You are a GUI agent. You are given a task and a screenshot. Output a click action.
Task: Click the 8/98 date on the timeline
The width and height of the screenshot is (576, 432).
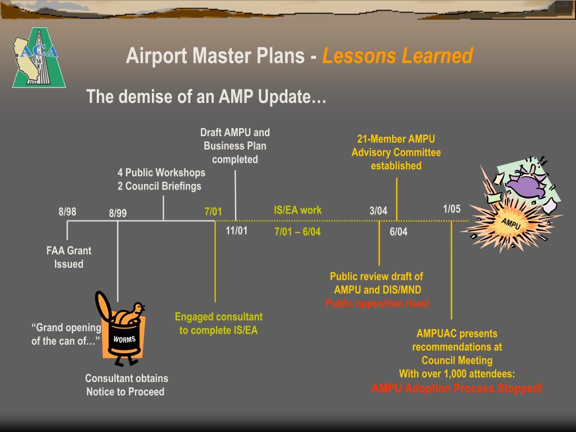pos(67,212)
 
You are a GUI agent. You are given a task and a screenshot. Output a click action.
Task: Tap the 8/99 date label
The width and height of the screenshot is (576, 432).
pos(118,213)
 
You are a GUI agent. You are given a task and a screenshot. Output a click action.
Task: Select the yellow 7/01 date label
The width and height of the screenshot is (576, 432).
pos(213,212)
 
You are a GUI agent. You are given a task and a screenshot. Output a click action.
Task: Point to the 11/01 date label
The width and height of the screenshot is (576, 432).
pos(236,231)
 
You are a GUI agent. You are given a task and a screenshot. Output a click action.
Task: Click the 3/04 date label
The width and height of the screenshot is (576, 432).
pos(378,211)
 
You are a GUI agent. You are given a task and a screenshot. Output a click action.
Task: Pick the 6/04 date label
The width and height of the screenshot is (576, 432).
pos(398,232)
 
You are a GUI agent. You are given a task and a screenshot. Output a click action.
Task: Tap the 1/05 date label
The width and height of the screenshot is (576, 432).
pos(451,209)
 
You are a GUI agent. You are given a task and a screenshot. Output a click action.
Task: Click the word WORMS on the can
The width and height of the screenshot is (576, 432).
pos(124,339)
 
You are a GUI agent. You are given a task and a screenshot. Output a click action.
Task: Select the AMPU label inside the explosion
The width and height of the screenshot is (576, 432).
pos(511,223)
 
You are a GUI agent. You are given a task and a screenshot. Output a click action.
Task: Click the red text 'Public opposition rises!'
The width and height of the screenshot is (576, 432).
pos(377,304)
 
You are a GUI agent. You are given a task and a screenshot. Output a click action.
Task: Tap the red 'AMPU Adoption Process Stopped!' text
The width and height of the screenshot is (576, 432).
pos(457,388)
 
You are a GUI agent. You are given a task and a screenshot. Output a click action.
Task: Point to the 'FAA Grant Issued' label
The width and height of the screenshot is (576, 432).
pos(69,258)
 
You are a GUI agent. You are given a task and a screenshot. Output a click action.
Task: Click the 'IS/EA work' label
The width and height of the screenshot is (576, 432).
pos(298,210)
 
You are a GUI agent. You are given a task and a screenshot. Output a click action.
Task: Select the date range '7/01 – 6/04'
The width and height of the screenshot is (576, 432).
pos(297,232)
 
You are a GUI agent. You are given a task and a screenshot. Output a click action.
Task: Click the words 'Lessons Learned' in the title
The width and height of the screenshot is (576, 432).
pos(397,56)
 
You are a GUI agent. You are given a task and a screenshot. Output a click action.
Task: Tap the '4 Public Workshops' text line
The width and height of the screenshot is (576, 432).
pos(161,173)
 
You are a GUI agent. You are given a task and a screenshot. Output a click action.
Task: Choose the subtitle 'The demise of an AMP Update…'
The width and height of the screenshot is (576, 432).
pos(206,97)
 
